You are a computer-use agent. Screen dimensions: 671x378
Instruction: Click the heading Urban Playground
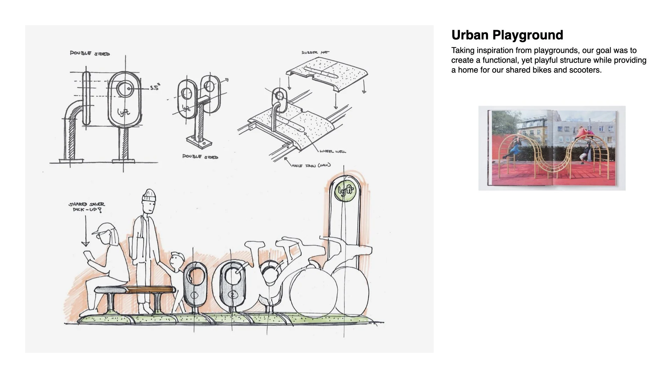[x=507, y=35]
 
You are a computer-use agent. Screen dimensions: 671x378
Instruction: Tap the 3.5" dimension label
[x=154, y=88]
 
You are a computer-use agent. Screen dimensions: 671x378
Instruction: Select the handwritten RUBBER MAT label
[x=315, y=53]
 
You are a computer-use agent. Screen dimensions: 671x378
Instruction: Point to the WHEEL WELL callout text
[x=332, y=152]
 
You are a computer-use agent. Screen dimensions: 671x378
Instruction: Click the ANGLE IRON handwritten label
[x=311, y=165]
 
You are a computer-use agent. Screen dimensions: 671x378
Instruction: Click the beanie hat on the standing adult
[x=149, y=196]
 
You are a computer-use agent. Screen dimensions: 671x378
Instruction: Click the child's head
[x=178, y=259]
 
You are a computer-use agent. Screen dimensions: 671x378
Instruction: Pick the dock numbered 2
[x=232, y=295]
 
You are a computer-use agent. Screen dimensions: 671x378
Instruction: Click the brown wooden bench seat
[x=150, y=290]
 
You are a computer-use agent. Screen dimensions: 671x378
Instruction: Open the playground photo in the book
[x=552, y=148]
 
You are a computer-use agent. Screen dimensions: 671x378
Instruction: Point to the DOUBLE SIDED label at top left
[x=90, y=54]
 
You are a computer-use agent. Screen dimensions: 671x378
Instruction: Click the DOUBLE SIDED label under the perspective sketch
[x=200, y=157]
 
